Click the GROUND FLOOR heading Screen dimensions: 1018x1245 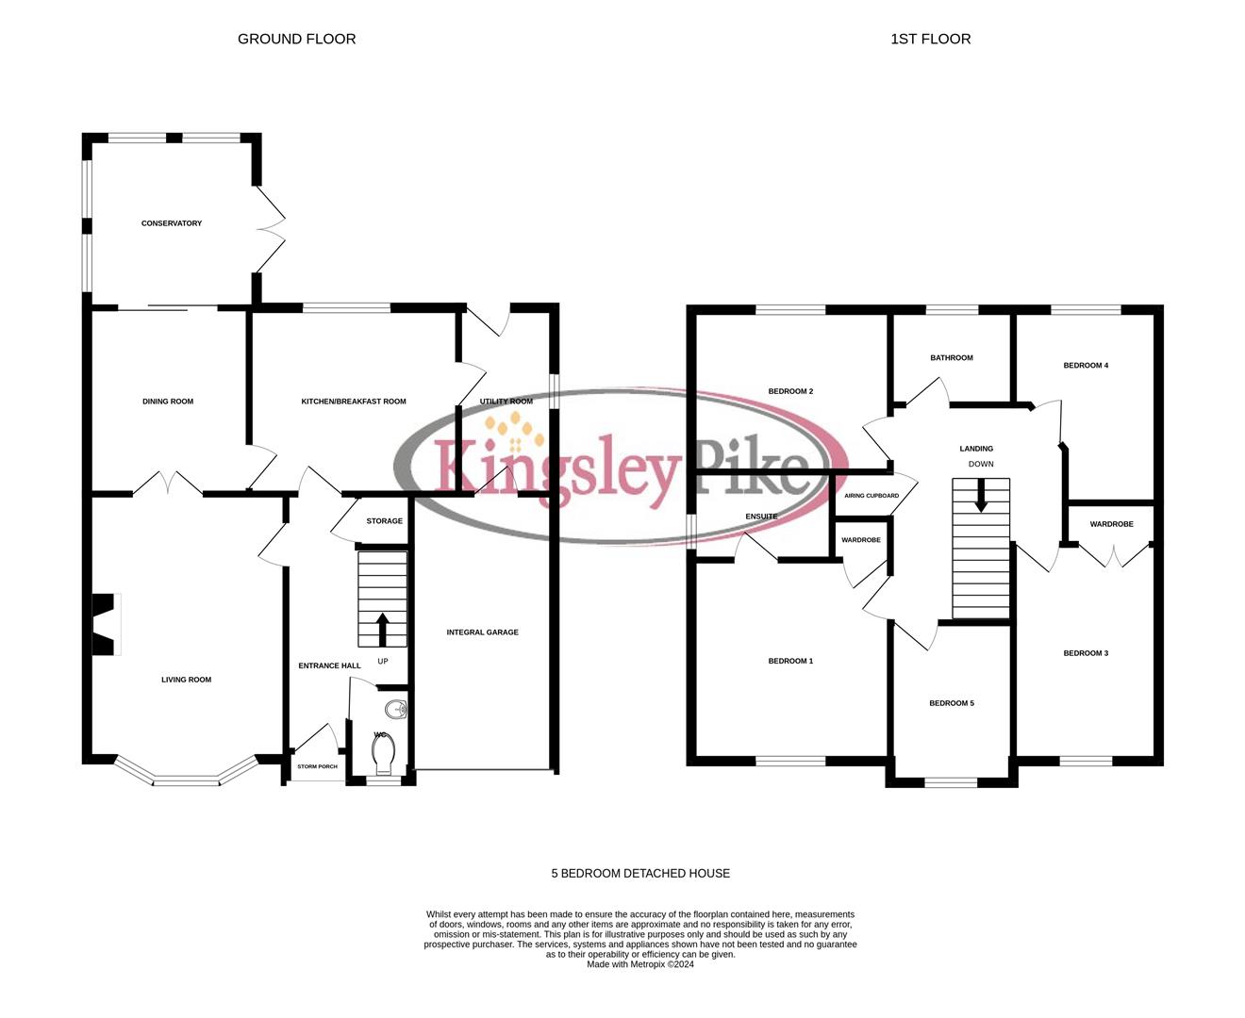click(x=296, y=39)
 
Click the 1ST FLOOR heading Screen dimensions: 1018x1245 click(x=930, y=39)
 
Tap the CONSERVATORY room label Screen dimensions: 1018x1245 click(x=172, y=223)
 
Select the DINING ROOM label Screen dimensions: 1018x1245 click(x=168, y=402)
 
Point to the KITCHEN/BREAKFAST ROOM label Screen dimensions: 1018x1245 click(x=354, y=402)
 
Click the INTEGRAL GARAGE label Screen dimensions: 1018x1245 click(x=482, y=632)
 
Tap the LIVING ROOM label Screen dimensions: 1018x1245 click(x=186, y=680)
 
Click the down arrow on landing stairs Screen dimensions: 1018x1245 click(x=981, y=496)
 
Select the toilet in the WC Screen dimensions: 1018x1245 click(x=382, y=753)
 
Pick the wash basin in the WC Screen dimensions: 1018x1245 click(x=395, y=710)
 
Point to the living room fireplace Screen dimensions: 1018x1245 click(x=104, y=624)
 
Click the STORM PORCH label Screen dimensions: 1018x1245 click(x=317, y=766)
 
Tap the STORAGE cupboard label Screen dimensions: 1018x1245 click(x=384, y=521)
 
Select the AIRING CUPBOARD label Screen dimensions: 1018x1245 click(x=871, y=496)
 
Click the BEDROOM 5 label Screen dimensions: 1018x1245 click(x=951, y=703)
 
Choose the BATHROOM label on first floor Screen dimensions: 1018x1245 click(x=951, y=358)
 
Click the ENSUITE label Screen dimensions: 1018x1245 click(x=761, y=517)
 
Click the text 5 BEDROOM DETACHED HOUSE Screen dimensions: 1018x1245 click(x=640, y=874)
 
